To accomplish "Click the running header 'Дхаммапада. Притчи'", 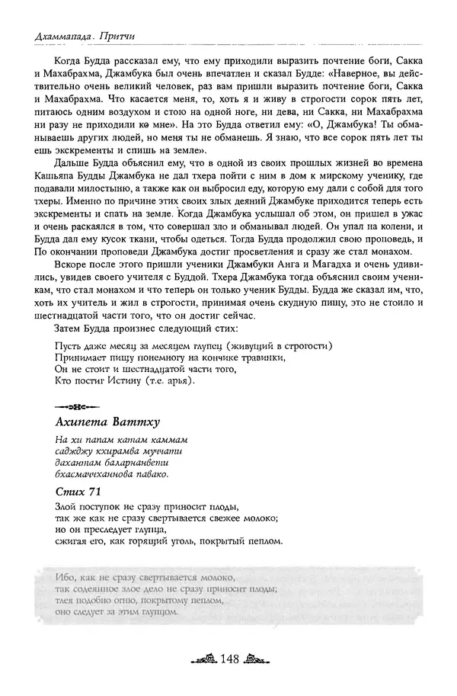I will pos(78,36).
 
